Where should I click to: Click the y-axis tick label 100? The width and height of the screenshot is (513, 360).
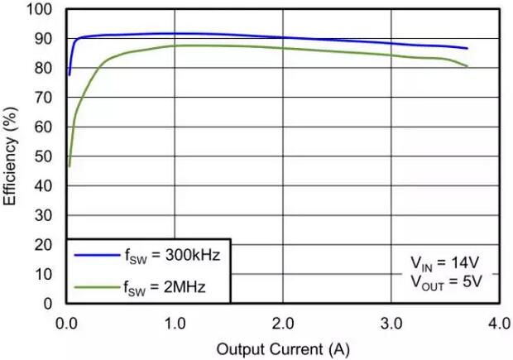41,10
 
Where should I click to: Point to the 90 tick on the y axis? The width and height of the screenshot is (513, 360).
45,39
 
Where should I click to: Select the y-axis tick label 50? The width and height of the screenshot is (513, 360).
45,156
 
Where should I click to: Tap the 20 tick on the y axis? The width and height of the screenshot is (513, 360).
45,245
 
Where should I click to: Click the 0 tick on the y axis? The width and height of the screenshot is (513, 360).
49,304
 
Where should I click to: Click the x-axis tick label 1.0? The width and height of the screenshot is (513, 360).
175,322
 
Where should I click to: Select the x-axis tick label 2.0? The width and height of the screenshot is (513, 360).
283,322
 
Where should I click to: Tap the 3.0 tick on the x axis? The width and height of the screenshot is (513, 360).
391,322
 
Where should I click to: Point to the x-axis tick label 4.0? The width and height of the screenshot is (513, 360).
499,322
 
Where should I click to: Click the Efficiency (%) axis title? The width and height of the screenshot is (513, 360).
12,156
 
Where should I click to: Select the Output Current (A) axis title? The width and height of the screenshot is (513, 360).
283,348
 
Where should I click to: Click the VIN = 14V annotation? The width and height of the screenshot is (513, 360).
442,263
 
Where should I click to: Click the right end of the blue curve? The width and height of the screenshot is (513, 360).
467,49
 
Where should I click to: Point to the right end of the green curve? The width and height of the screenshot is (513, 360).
467,66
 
